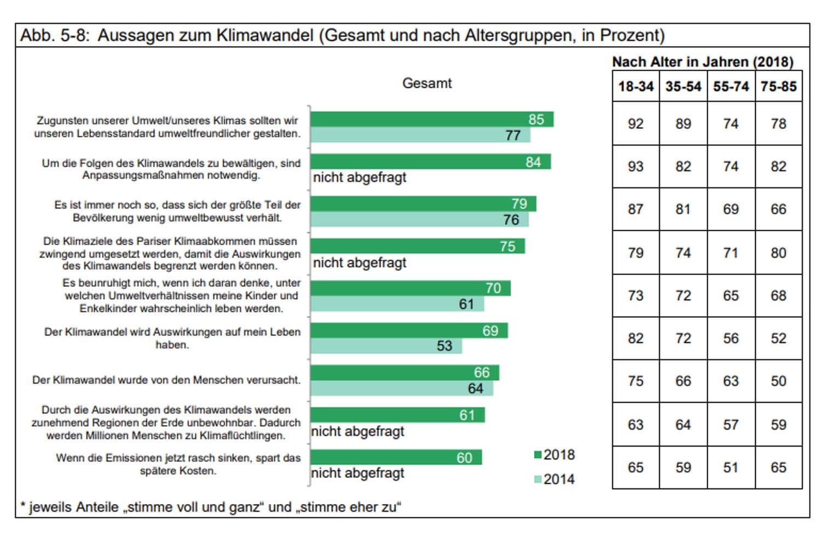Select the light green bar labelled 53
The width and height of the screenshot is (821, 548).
pyautogui.click(x=386, y=346)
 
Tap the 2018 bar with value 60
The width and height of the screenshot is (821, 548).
pyautogui.click(x=396, y=457)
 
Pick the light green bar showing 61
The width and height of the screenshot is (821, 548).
pyautogui.click(x=397, y=304)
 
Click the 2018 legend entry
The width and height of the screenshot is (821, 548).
pyautogui.click(x=554, y=455)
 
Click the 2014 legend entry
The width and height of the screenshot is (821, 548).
pyautogui.click(x=554, y=479)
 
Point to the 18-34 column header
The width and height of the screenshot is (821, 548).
pyautogui.click(x=635, y=87)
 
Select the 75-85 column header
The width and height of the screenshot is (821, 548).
pyautogui.click(x=778, y=87)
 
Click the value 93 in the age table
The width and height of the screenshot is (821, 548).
pyautogui.click(x=635, y=167)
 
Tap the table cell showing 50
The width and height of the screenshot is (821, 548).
pyautogui.click(x=778, y=381)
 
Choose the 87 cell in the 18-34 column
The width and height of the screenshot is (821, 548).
pyautogui.click(x=635, y=209)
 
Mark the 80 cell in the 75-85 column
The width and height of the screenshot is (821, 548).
pyautogui.click(x=778, y=253)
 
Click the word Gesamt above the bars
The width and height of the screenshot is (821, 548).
pyautogui.click(x=427, y=83)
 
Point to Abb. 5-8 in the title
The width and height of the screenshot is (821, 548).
pyautogui.click(x=55, y=36)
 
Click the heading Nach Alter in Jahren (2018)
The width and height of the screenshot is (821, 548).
pyautogui.click(x=702, y=62)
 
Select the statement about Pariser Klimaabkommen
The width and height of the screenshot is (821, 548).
pyautogui.click(x=170, y=254)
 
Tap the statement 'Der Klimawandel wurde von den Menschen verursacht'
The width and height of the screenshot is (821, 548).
pyautogui.click(x=166, y=380)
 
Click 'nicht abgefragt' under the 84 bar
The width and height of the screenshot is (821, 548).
pyautogui.click(x=360, y=178)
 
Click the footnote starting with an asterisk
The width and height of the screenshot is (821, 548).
pyautogui.click(x=211, y=507)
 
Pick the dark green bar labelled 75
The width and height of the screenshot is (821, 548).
pyautogui.click(x=417, y=246)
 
